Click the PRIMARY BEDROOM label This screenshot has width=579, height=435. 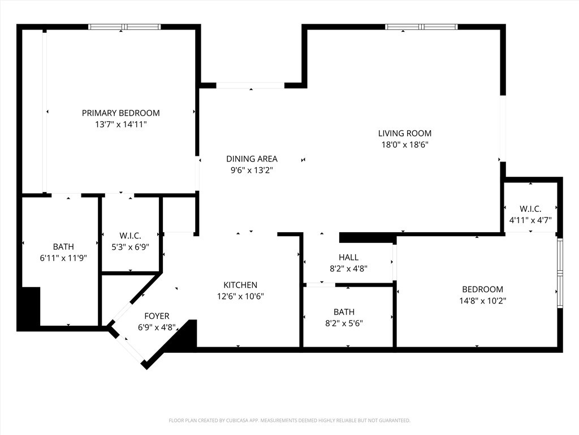click(120, 113)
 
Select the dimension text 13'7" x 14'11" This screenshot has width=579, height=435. click(120, 124)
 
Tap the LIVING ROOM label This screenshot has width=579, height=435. click(404, 133)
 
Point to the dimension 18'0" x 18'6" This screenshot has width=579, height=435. click(404, 144)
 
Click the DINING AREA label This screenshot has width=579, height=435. click(252, 159)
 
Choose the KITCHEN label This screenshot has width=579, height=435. click(240, 285)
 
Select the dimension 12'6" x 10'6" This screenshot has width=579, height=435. click(240, 296)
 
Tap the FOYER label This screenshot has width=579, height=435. click(157, 316)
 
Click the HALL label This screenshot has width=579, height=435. click(348, 257)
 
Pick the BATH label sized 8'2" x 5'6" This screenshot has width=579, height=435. click(344, 312)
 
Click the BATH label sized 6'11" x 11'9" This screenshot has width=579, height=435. click(63, 246)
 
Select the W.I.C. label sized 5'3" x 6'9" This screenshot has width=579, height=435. click(130, 235)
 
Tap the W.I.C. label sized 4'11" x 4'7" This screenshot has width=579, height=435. click(530, 208)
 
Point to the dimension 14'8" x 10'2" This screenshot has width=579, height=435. click(482, 301)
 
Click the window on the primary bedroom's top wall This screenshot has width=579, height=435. click(124, 27)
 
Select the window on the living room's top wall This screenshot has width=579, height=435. click(421, 27)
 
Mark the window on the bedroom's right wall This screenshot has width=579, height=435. click(560, 273)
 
